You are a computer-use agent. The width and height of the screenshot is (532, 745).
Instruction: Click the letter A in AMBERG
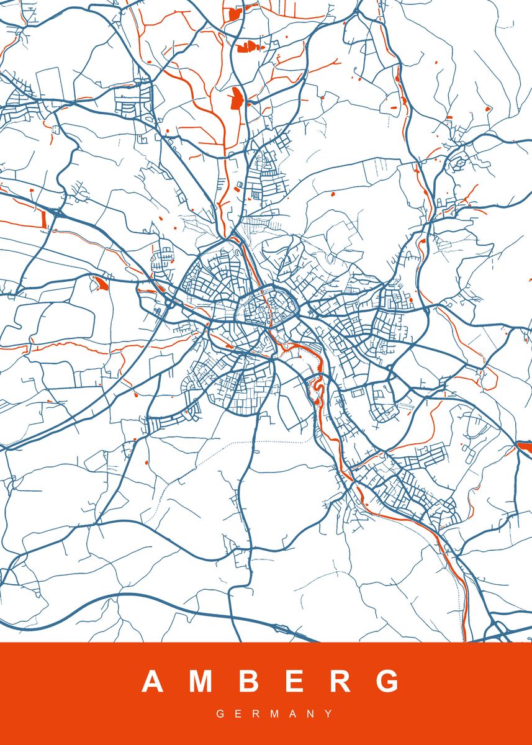pos(153,682)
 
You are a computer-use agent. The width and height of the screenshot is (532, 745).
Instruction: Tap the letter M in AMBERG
pos(201,682)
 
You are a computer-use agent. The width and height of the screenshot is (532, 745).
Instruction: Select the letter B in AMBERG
pos(248,682)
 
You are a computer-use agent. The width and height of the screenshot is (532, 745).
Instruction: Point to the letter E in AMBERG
pos(293,682)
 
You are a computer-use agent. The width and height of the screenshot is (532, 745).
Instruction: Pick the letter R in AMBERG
pos(340,682)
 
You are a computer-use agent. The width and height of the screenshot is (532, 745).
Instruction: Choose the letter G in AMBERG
pos(389,682)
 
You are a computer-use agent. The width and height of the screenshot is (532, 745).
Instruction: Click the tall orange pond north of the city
pos(235,98)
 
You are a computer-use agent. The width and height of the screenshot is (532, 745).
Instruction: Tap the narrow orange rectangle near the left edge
pos(43,217)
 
